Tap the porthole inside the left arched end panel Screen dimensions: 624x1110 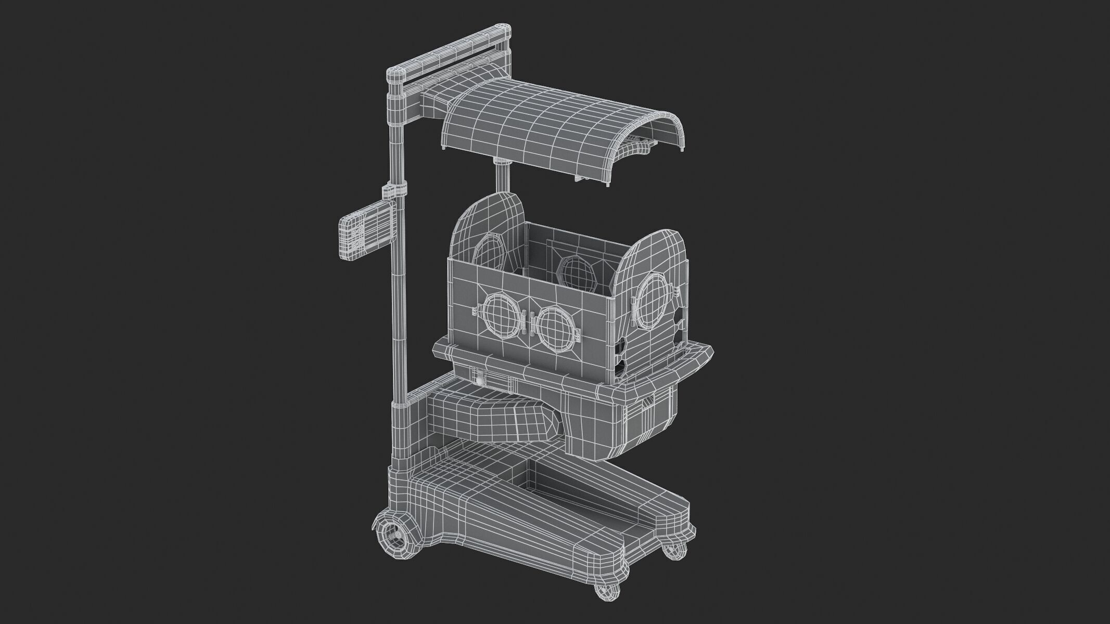488,256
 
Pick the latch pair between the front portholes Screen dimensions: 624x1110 531,322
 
